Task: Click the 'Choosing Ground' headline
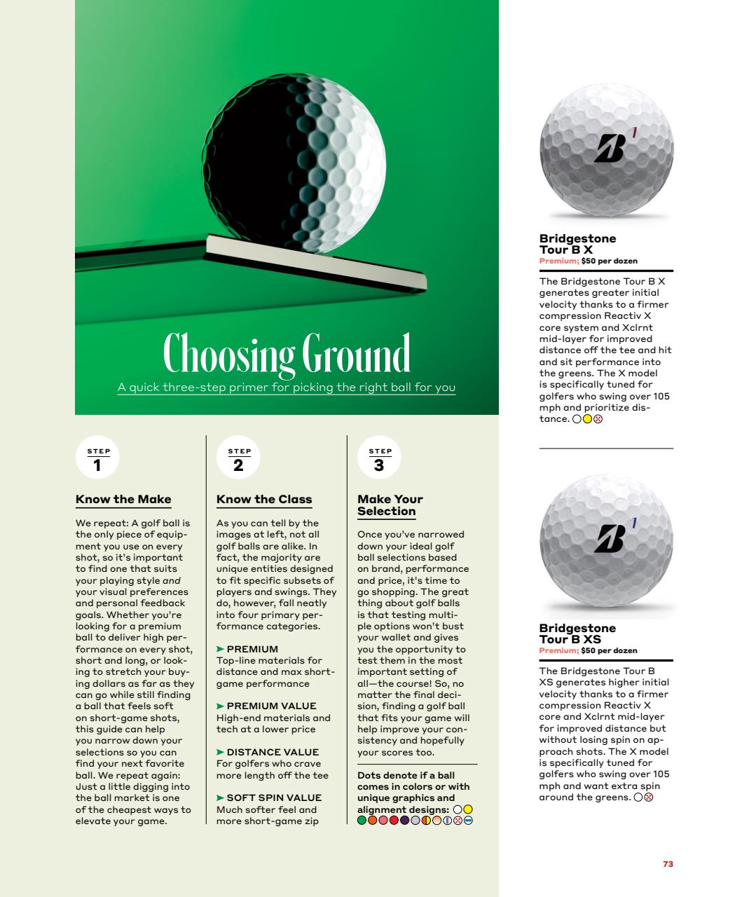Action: [x=287, y=354]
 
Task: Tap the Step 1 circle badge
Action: [x=97, y=460]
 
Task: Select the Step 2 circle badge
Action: [x=239, y=460]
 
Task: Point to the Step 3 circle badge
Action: [x=379, y=460]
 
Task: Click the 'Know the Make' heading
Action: [x=123, y=499]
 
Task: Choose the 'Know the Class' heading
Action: [x=264, y=499]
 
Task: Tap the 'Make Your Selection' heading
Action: [x=390, y=505]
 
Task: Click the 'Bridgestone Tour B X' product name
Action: [x=577, y=244]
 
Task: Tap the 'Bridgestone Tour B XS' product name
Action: [x=577, y=634]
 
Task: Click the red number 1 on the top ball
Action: [x=634, y=131]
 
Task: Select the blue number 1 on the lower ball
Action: [x=633, y=522]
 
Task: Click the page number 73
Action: [x=668, y=864]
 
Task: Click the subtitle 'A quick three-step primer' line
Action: [x=287, y=388]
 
